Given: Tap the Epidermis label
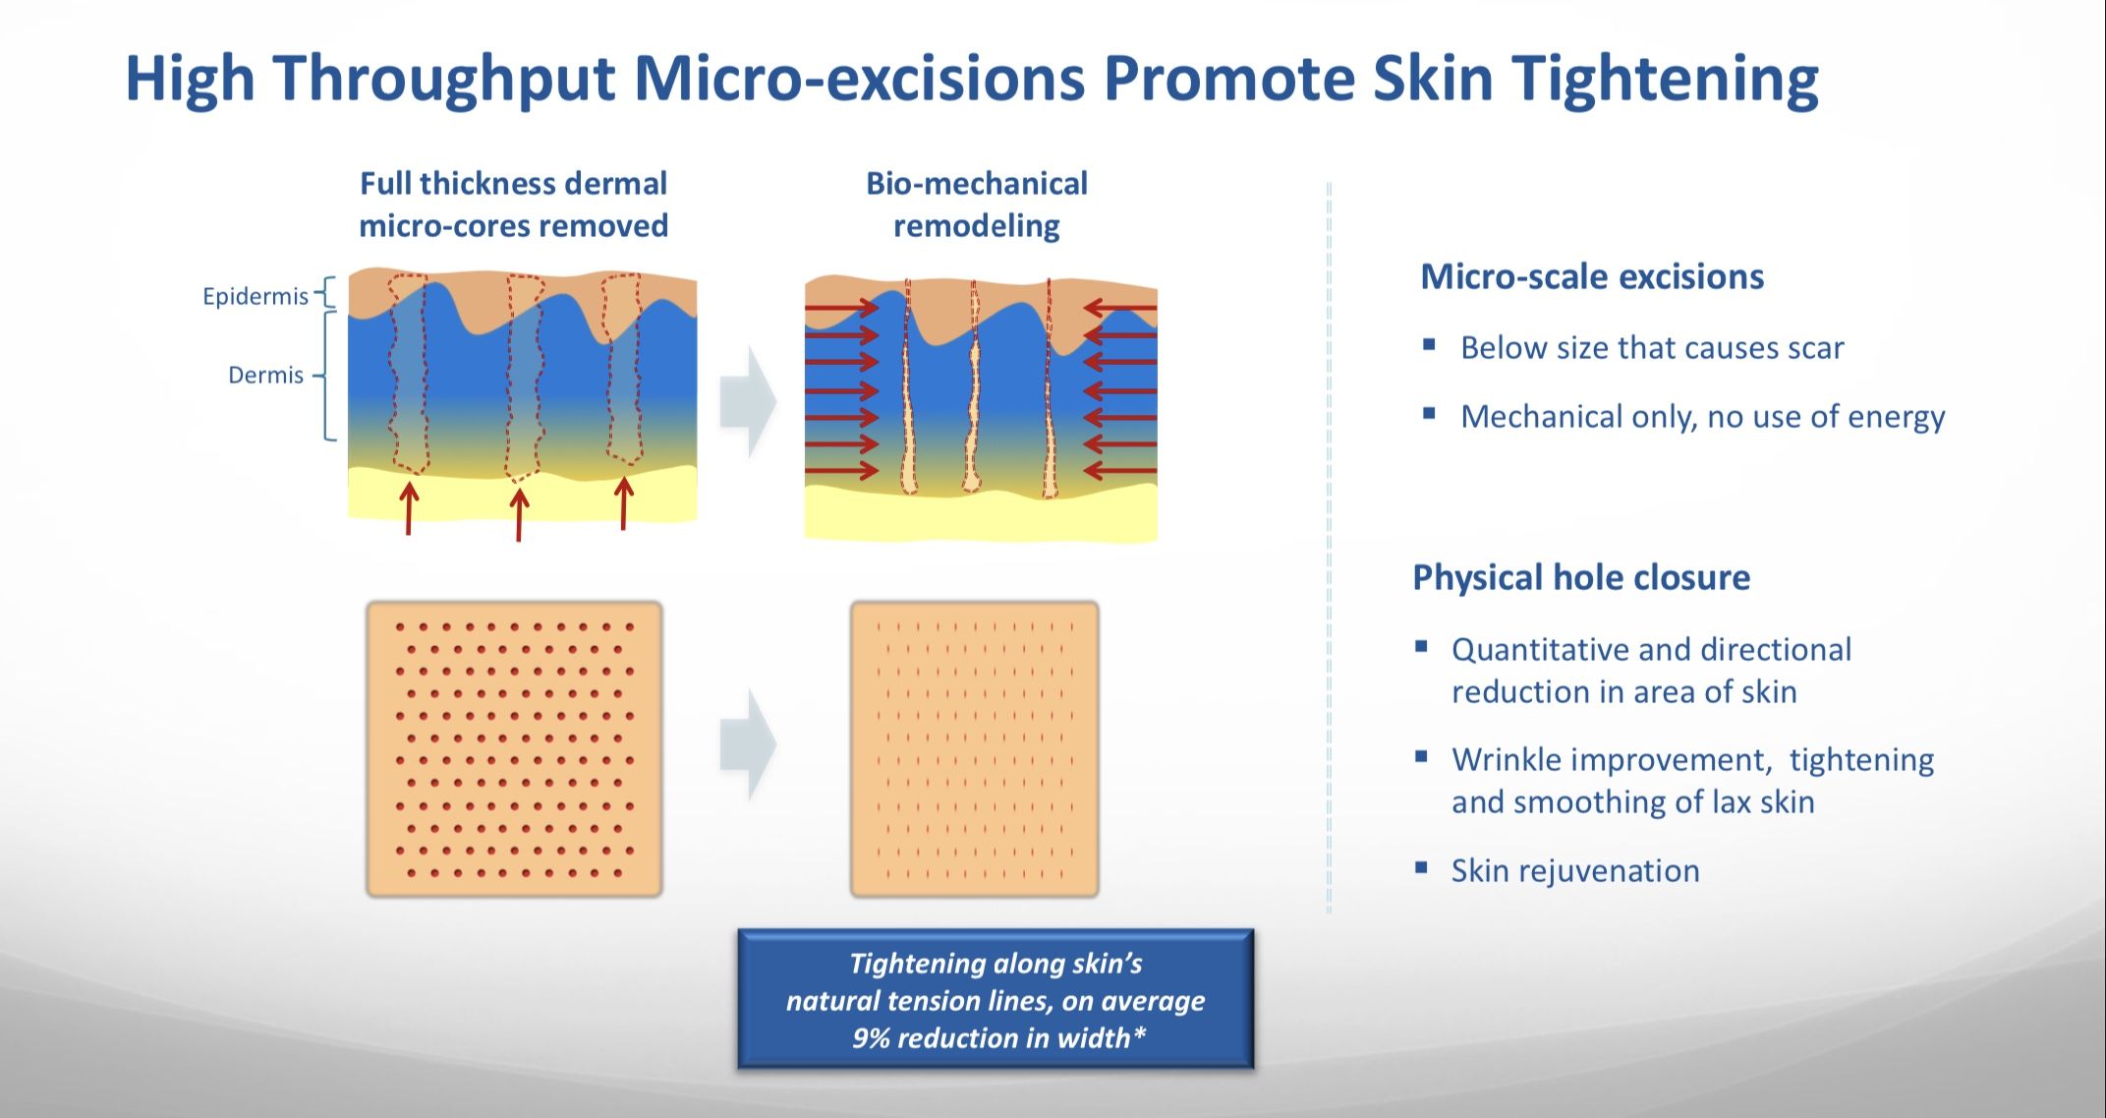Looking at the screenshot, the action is tap(256, 296).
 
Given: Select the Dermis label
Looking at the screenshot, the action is tap(265, 375).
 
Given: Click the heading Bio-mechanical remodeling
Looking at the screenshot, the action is tap(977, 205).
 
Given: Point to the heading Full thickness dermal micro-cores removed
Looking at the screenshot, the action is tap(513, 205).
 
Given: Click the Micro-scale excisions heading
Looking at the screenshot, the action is tap(1592, 276).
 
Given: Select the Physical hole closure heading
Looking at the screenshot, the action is tap(1581, 577).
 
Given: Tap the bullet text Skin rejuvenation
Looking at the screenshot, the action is tap(1575, 871).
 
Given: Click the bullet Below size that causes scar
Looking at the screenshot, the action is tap(1652, 348).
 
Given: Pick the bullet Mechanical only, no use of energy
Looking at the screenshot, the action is tap(1703, 417).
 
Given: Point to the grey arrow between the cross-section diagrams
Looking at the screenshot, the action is tap(748, 401).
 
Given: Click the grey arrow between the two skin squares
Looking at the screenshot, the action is tap(748, 744).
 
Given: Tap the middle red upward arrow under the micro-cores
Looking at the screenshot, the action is tap(519, 513).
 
